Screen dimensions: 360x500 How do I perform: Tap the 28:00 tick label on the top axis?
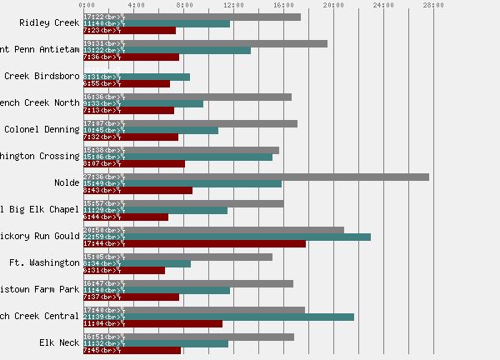433,5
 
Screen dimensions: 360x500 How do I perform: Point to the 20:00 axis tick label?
333,5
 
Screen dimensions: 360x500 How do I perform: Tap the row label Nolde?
67,182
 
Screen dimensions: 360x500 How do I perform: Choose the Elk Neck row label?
59,342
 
